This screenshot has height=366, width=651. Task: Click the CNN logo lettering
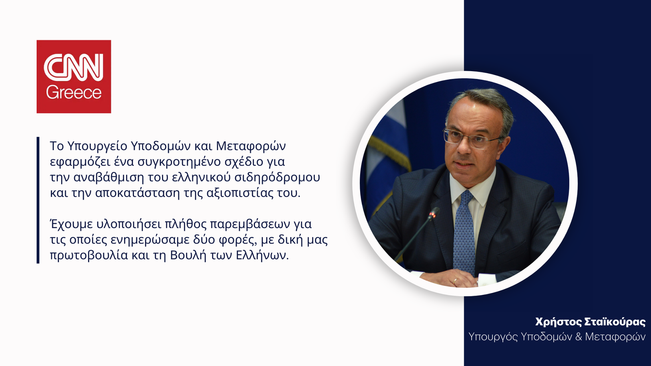74,67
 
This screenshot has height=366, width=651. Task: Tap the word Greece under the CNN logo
74,93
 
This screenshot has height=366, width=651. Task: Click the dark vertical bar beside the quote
38,200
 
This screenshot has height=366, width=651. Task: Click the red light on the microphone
434,215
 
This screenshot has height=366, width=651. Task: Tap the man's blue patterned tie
464,232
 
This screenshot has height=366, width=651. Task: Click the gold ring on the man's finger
455,281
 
